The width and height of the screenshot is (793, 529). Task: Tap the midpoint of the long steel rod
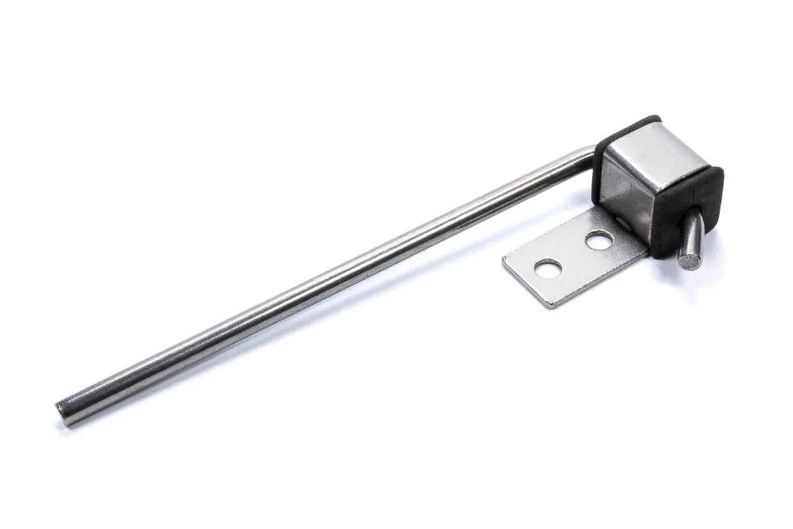point(324,281)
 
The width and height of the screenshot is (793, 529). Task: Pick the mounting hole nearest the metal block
point(599,240)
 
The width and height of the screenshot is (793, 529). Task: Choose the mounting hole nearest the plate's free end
point(548,268)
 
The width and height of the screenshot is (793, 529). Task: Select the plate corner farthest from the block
point(506,261)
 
